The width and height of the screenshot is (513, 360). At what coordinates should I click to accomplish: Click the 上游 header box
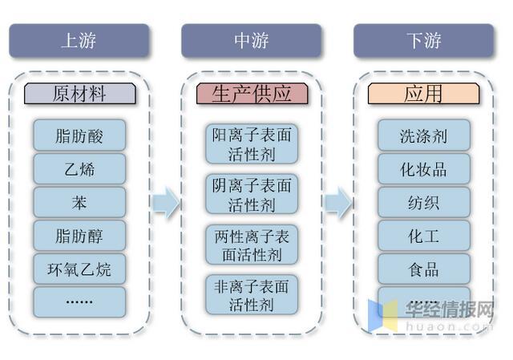pyautogui.click(x=79, y=41)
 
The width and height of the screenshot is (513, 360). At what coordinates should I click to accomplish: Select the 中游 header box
pyautogui.click(x=252, y=41)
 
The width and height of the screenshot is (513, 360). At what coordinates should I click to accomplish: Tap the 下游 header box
pyautogui.click(x=423, y=41)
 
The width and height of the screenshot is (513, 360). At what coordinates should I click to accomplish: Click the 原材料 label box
pyautogui.click(x=79, y=94)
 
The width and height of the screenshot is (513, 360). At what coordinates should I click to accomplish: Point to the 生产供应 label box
pyautogui.click(x=252, y=94)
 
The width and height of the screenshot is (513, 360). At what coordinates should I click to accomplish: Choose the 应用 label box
pyautogui.click(x=423, y=94)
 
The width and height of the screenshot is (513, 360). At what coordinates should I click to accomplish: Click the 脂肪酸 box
pyautogui.click(x=79, y=135)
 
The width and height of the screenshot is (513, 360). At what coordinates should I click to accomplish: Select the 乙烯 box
pyautogui.click(x=79, y=168)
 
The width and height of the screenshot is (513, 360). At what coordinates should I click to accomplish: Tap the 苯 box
pyautogui.click(x=79, y=202)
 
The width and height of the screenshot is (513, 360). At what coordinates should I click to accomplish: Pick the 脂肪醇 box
pyautogui.click(x=79, y=236)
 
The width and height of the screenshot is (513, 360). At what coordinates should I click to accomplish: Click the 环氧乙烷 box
pyautogui.click(x=79, y=269)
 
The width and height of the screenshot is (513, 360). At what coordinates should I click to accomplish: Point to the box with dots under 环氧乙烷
pyautogui.click(x=79, y=301)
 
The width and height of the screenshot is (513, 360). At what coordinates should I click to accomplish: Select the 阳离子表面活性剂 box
pyautogui.click(x=252, y=144)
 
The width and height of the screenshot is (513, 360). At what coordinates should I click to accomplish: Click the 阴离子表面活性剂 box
pyautogui.click(x=252, y=195)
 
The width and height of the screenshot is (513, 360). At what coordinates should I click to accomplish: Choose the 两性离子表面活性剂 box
pyautogui.click(x=252, y=245)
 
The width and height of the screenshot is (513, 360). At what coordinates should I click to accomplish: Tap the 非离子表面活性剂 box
pyautogui.click(x=252, y=294)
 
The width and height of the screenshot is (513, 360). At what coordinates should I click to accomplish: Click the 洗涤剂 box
pyautogui.click(x=423, y=136)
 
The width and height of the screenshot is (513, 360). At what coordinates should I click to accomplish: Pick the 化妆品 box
pyautogui.click(x=423, y=169)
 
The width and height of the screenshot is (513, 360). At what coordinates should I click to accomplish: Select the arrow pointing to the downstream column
pyautogui.click(x=337, y=203)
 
